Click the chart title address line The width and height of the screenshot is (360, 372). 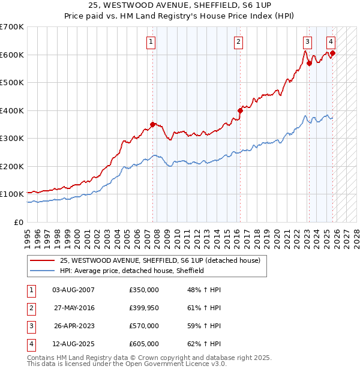(x=180, y=6)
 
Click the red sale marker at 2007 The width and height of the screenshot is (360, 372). (x=152, y=125)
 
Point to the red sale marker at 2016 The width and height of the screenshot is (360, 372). (x=240, y=110)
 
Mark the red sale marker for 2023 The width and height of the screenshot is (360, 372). (x=309, y=63)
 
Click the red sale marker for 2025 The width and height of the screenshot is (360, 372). (x=332, y=53)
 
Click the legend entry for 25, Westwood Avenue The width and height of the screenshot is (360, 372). (x=160, y=260)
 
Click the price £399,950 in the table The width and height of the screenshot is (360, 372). (x=144, y=308)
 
